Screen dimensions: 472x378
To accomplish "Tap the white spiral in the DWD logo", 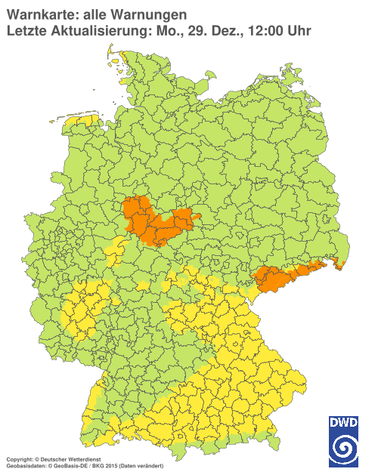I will coord(342,449).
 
